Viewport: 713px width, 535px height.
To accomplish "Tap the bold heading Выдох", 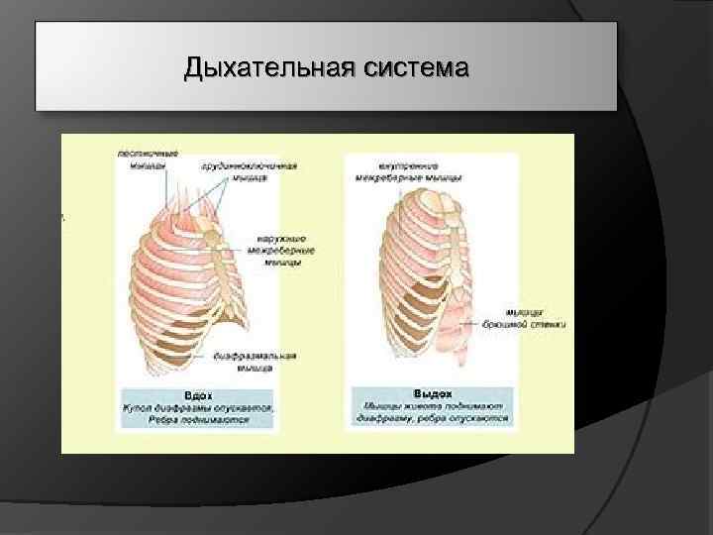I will pos(431,393).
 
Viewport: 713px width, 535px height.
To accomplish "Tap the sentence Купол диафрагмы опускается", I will pos(198,407).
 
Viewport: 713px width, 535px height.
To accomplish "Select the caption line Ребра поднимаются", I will pos(198,420).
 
